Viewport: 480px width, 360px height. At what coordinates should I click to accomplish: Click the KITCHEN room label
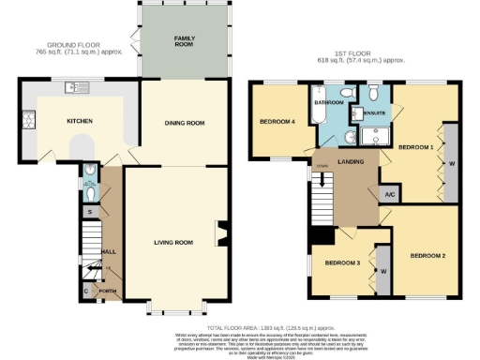(78, 121)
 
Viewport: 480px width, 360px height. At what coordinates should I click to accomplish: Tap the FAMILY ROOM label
(184, 40)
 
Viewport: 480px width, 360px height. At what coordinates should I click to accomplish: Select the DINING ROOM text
(183, 123)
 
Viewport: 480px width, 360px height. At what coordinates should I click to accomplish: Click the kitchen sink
(75, 88)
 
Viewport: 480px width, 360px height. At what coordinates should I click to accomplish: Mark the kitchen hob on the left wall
(27, 120)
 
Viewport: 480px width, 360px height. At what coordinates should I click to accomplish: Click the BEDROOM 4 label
(277, 122)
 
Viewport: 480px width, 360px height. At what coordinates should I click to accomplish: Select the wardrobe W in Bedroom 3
(383, 272)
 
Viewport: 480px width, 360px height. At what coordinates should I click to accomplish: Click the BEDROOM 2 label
(427, 255)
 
